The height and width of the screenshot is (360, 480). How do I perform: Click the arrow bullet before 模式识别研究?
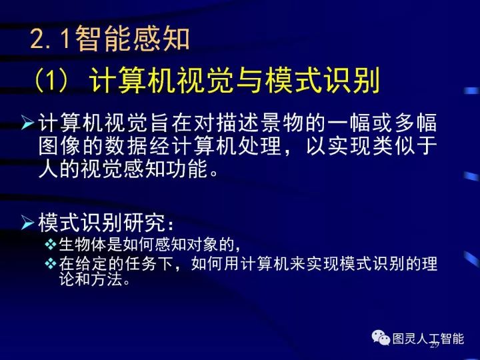point(28,221)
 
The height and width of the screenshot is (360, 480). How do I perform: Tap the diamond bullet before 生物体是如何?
point(51,243)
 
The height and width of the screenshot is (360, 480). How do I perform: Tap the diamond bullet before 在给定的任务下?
point(51,265)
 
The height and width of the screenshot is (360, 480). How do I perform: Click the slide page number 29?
point(434,345)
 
